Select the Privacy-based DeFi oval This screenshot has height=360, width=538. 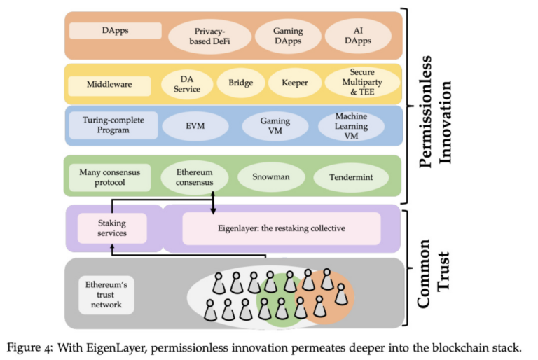point(209,36)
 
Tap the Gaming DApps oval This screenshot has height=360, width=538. point(288,36)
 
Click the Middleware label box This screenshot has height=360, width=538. point(109,85)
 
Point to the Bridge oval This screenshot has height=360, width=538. point(240,83)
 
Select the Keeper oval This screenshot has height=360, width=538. point(294,83)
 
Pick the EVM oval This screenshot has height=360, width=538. point(195,127)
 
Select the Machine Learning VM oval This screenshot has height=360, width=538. point(350,126)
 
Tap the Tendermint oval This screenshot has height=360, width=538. point(348,177)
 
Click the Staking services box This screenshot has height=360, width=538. point(112,228)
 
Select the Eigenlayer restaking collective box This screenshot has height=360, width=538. point(281,228)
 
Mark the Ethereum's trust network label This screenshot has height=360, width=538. point(103,295)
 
